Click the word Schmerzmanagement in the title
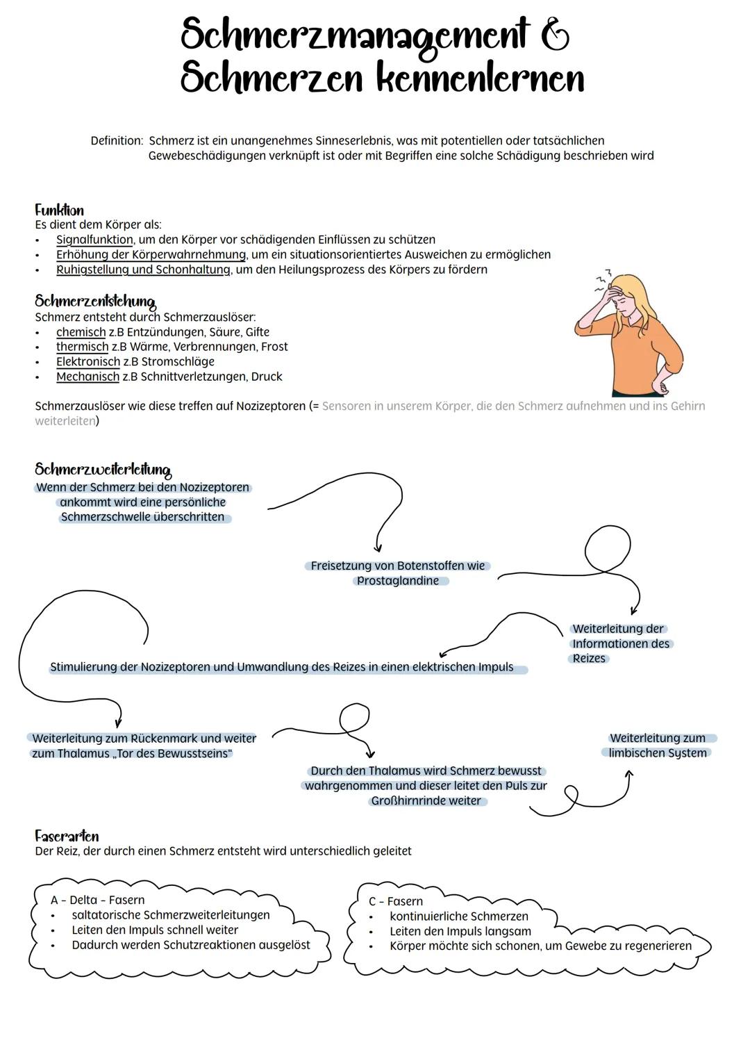pos(354,35)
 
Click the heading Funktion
pos(59,210)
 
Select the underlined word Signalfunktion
pos(94,240)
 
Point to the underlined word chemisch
pos(81,332)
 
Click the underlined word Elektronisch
pos(88,361)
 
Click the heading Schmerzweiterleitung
pos(103,470)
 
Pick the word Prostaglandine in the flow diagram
pos(398,581)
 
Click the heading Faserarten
pos(67,836)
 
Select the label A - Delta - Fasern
pos(97,900)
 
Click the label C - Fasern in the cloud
pos(395,901)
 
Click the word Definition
pos(116,140)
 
